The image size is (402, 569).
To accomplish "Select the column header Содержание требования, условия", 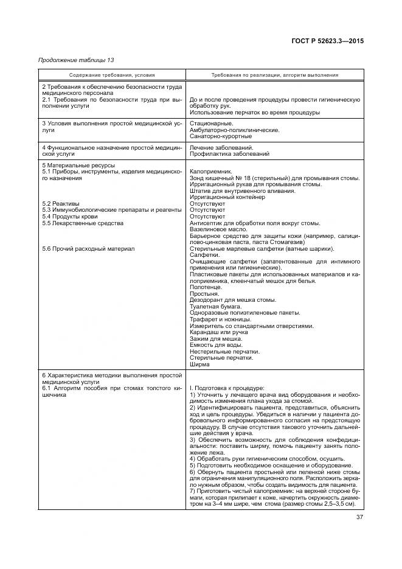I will click(x=112, y=75).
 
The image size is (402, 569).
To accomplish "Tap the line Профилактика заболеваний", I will click(x=230, y=154).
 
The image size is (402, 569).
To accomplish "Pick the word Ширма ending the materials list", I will click(x=199, y=364).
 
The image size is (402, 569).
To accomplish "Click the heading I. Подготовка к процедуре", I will click(x=226, y=387).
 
